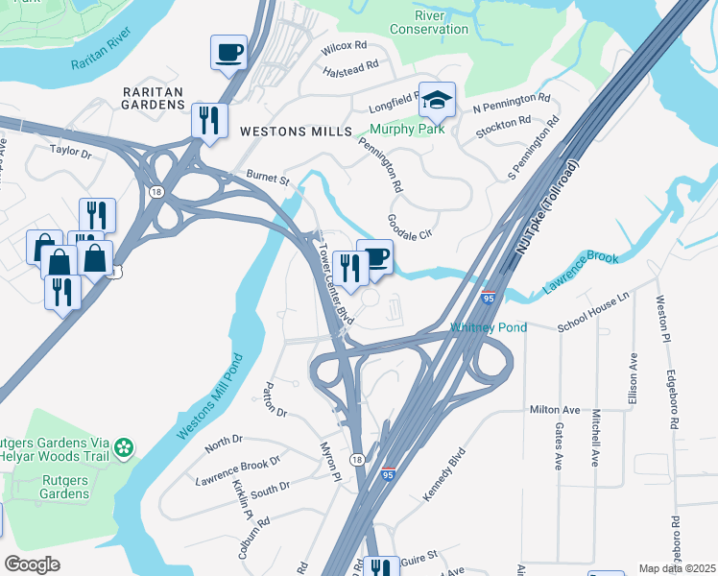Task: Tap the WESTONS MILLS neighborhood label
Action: pyautogui.click(x=296, y=132)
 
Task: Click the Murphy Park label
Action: pyautogui.click(x=408, y=130)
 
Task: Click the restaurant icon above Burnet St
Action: pyautogui.click(x=208, y=120)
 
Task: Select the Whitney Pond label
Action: pyautogui.click(x=489, y=328)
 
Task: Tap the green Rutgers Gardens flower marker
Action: pyautogui.click(x=123, y=446)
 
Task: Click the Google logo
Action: pyautogui.click(x=32, y=564)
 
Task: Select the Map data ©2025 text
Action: pyautogui.click(x=676, y=568)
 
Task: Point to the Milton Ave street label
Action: pyautogui.click(x=555, y=410)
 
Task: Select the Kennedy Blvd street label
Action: pyautogui.click(x=444, y=473)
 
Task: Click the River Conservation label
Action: pyautogui.click(x=428, y=22)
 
